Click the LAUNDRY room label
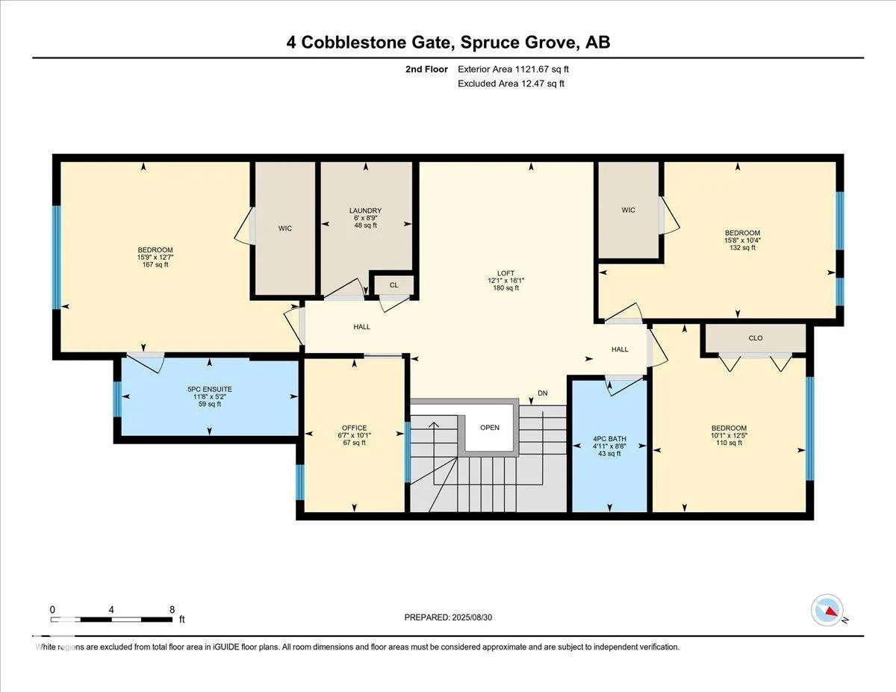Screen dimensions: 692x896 [365, 211]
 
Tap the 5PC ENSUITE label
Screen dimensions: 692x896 [209, 389]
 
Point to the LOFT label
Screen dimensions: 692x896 [505, 272]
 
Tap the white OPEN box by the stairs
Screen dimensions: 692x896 [490, 428]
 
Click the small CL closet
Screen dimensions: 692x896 [393, 285]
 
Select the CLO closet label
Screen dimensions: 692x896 [756, 338]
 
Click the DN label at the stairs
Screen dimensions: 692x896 [543, 393]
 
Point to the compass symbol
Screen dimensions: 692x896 [827, 610]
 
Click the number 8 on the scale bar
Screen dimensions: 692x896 [172, 609]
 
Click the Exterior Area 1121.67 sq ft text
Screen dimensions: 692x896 [518, 69]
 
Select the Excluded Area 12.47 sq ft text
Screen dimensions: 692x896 [511, 84]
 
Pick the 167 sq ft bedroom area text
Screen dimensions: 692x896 [155, 264]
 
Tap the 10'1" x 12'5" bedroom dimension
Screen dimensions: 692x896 [729, 435]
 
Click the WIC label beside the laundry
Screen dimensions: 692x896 [285, 228]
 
